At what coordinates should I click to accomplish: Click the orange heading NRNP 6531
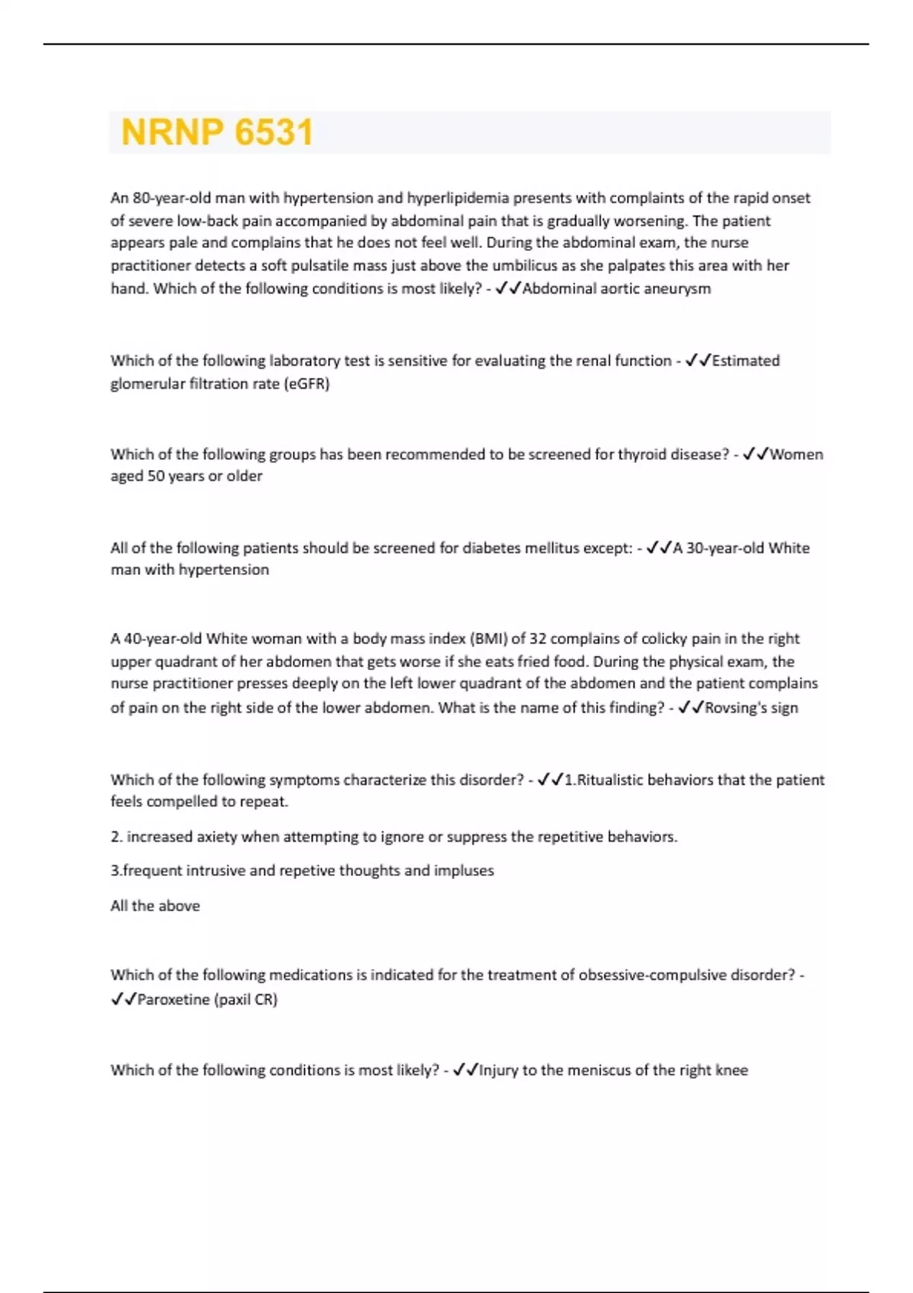pos(217,132)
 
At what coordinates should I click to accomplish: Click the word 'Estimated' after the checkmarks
pos(746,361)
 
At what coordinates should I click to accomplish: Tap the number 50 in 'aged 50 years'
pos(155,476)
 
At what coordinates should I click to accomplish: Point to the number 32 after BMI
pos(538,639)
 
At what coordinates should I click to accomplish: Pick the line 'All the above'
pos(155,906)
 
